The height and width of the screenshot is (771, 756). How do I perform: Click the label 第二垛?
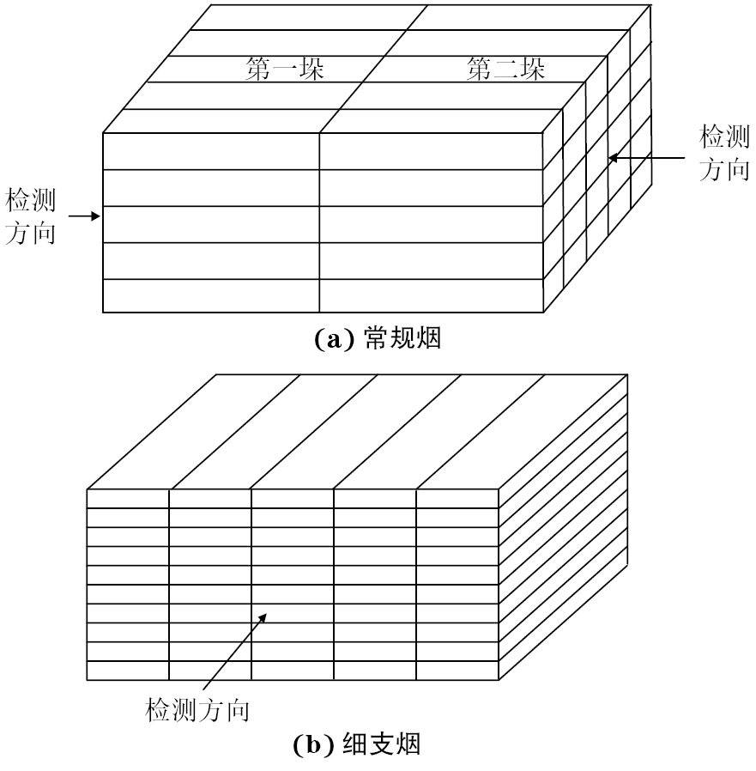pos(506,70)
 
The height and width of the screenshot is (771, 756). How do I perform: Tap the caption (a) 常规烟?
pos(378,339)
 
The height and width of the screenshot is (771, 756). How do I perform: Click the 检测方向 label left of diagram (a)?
pos(31,217)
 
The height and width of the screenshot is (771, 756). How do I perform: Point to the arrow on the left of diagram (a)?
pos(84,216)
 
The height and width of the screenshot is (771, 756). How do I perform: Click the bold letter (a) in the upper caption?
pos(328,340)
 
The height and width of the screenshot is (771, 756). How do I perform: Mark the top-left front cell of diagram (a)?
pos(211,151)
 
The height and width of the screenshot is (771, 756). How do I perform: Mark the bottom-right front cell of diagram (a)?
pos(431,296)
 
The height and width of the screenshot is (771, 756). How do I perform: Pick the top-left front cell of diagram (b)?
pos(128,499)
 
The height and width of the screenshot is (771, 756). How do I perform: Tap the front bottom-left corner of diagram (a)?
pos(103,313)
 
